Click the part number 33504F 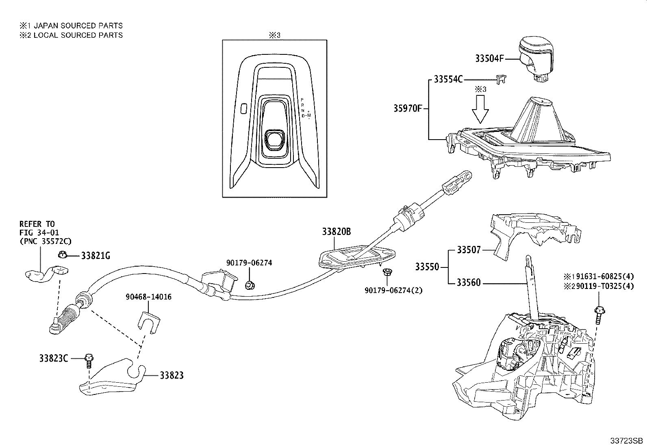pyautogui.click(x=489, y=58)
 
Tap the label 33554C pyautogui.click(x=448, y=79)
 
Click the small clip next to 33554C pyautogui.click(x=501, y=79)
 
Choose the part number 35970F pyautogui.click(x=408, y=108)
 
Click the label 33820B pyautogui.click(x=337, y=232)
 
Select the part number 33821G pyautogui.click(x=96, y=256)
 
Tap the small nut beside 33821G pyautogui.click(x=63, y=255)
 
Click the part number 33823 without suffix pyautogui.click(x=172, y=375)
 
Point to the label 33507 pyautogui.click(x=469, y=250)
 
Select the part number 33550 pyautogui.click(x=427, y=267)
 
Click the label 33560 pyautogui.click(x=469, y=283)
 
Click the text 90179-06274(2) pyautogui.click(x=393, y=291)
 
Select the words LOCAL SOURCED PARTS pyautogui.click(x=78, y=35)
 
